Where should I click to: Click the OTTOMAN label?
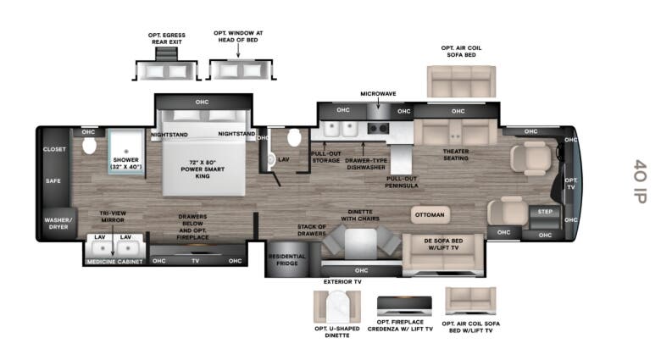click(x=430, y=214)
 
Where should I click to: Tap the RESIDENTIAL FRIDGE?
click(x=287, y=258)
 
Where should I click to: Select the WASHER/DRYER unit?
click(x=58, y=224)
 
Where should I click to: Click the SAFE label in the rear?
click(x=53, y=181)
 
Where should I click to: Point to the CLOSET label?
click(x=54, y=149)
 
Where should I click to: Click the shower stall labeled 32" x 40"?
click(x=126, y=152)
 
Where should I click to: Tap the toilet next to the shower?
click(x=89, y=146)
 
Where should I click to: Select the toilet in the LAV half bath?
click(x=294, y=137)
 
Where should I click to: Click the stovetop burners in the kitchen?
click(x=379, y=128)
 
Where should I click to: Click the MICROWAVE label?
click(x=378, y=93)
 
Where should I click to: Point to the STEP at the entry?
click(x=545, y=218)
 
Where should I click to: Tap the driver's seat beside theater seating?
click(x=531, y=158)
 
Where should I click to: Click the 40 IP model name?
click(x=640, y=181)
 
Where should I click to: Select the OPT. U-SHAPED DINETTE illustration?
click(x=337, y=307)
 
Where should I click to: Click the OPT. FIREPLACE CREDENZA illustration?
click(x=404, y=306)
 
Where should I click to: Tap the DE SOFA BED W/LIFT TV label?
click(x=443, y=244)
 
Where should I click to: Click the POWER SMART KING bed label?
click(x=203, y=169)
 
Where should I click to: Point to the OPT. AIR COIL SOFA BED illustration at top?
click(x=461, y=81)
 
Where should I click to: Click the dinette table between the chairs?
click(x=361, y=243)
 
